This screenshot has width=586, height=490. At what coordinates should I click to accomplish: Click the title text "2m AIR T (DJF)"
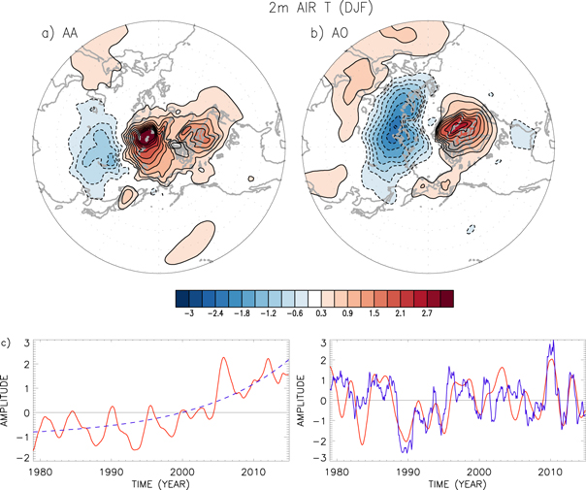(292, 10)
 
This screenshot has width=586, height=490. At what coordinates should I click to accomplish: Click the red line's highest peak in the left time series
(224, 358)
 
